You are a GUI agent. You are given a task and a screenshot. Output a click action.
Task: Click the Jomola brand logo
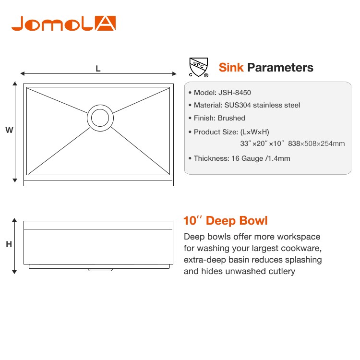[63, 23]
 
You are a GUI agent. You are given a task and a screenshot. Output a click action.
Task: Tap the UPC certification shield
[199, 67]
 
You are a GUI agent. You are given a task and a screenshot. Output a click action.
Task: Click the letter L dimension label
[98, 69]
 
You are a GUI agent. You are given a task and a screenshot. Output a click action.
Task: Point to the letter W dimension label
[9, 130]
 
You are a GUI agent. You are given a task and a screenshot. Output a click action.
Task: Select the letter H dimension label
[9, 244]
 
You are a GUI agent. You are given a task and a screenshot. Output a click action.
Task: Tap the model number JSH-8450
[235, 93]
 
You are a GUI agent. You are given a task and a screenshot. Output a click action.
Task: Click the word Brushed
[231, 118]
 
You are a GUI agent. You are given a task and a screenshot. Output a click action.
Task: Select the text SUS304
[238, 105]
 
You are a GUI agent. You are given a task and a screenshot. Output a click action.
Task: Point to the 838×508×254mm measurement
[316, 144]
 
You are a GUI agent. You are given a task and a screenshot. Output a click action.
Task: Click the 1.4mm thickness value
[279, 158]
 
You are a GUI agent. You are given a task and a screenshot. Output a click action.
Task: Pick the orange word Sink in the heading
[231, 68]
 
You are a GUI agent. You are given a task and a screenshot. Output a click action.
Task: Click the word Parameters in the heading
[280, 68]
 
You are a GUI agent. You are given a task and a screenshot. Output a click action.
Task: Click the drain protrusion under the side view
[100, 270]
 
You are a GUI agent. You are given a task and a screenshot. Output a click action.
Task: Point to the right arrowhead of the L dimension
[174, 74]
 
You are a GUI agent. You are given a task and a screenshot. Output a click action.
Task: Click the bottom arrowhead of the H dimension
[14, 272]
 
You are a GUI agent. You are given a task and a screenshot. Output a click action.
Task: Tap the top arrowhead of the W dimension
[15, 83]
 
